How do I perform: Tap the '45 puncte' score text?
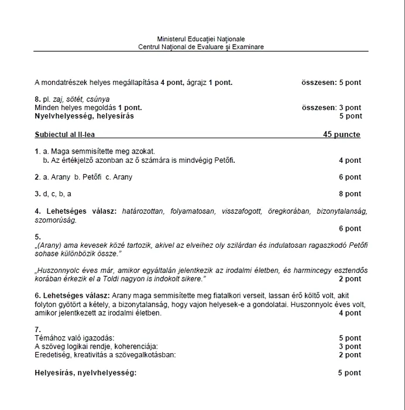pyautogui.click(x=342, y=135)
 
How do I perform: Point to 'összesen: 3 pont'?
pyautogui.click(x=331, y=108)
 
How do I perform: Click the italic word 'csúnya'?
pyautogui.click(x=98, y=100)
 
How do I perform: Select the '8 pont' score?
pyautogui.click(x=350, y=194)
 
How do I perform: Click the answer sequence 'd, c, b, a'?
pyautogui.click(x=57, y=194)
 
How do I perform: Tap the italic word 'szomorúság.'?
pyautogui.click(x=56, y=220)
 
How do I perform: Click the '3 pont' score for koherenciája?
pyautogui.click(x=350, y=347)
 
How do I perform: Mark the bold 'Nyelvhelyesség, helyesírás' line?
pyautogui.click(x=84, y=116)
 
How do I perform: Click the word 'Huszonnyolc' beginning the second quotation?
pyautogui.click(x=57, y=271)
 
